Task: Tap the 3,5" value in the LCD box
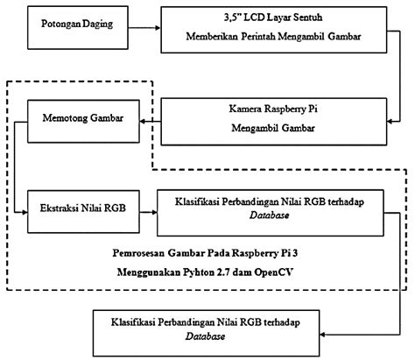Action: (x=236, y=17)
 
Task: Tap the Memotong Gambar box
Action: (x=82, y=117)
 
